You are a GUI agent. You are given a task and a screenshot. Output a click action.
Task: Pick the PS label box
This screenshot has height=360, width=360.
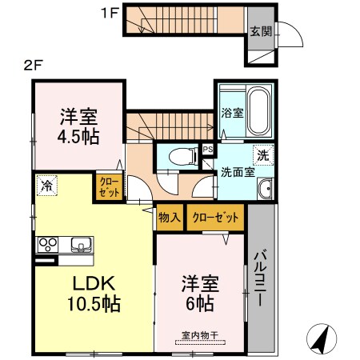click(207, 150)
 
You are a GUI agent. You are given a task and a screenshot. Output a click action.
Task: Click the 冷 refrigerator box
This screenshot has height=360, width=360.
click(46, 186)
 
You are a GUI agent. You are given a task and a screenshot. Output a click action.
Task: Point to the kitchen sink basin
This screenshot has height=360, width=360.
click(81, 244)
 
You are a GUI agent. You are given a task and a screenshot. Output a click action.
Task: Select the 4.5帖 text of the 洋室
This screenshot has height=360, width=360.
click(78, 136)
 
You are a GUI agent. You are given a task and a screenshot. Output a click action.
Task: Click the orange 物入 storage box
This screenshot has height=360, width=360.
click(169, 217)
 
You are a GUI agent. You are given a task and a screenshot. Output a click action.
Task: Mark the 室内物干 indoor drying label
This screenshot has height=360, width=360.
click(200, 337)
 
